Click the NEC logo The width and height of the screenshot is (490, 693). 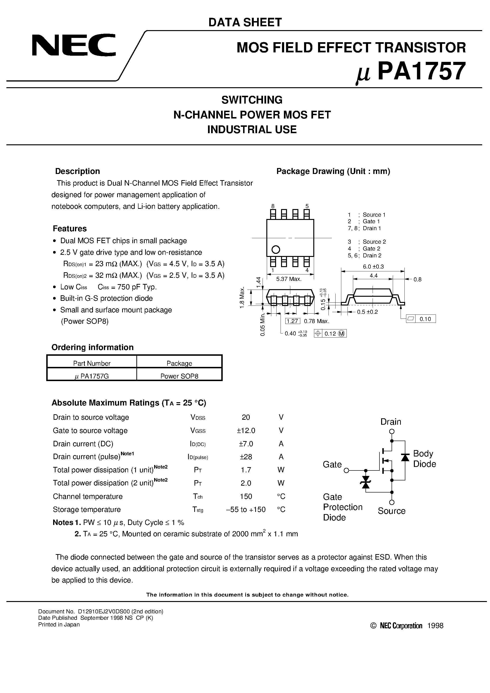tap(74, 45)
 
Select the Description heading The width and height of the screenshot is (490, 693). tap(77, 171)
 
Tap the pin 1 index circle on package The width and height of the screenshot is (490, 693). tap(276, 250)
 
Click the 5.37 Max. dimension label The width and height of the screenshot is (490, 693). tap(289, 279)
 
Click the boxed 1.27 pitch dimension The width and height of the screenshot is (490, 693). tap(292, 321)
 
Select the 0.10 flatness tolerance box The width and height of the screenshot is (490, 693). tap(425, 319)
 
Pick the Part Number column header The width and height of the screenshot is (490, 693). tap(92, 363)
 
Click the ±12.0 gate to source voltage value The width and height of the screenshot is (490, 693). tap(246, 430)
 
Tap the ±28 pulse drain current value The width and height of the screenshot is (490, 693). tap(246, 457)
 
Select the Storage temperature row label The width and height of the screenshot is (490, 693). tap(87, 510)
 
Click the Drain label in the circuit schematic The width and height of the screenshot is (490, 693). tap(391, 422)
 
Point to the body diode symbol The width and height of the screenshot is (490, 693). tap(405, 457)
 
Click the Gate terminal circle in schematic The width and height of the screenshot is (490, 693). tap(347, 470)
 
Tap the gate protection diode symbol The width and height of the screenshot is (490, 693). tap(366, 482)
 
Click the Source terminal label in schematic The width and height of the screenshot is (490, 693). tap(392, 511)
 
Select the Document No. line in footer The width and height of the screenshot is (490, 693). tap(101, 611)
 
